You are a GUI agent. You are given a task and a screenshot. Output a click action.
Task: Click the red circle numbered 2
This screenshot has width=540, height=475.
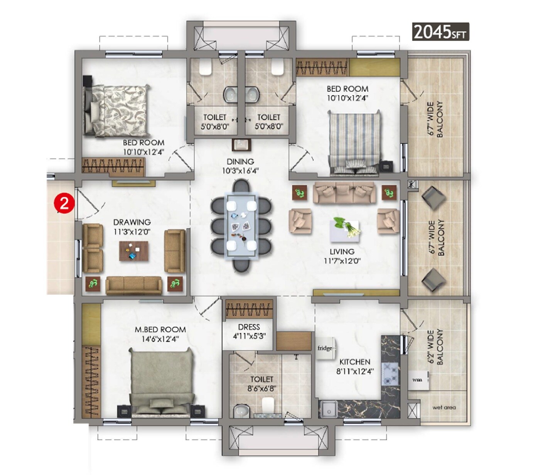(x=64, y=203)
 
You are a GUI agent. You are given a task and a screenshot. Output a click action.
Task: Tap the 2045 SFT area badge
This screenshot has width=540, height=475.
(x=440, y=32)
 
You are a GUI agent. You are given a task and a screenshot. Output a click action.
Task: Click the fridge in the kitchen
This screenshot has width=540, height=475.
(x=326, y=348)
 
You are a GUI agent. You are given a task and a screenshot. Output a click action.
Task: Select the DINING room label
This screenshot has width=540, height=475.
(x=240, y=162)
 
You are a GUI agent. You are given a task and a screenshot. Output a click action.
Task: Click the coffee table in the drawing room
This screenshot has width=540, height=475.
(x=133, y=251)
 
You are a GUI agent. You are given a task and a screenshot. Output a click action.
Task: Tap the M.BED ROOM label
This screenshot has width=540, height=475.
(x=160, y=330)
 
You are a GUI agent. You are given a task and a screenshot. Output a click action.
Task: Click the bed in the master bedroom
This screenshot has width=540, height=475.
(x=160, y=382)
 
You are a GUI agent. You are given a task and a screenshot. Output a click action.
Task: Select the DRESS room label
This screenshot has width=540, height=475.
(x=249, y=327)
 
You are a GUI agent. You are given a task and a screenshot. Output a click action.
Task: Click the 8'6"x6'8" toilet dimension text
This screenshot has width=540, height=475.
(x=262, y=389)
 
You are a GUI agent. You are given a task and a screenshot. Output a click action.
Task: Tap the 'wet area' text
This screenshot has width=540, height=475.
(x=444, y=407)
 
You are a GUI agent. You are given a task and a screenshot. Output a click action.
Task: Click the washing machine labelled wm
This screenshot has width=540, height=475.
(x=418, y=380)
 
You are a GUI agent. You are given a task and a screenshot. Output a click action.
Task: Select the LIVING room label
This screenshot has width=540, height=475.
(x=342, y=252)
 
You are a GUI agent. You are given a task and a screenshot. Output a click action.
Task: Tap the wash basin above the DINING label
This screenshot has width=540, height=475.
(x=241, y=145)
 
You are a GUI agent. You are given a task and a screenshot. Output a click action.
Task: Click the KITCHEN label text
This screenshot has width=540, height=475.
(x=354, y=362)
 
